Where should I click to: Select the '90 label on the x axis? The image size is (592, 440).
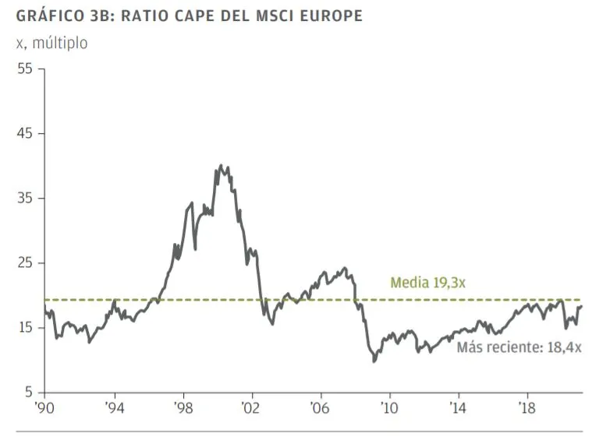[x=46, y=407]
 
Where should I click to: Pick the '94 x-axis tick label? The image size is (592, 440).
[x=115, y=407]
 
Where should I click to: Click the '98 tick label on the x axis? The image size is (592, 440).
[x=183, y=407]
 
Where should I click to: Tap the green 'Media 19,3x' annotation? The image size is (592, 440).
[x=427, y=283]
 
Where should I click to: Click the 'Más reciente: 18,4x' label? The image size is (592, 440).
[x=519, y=347]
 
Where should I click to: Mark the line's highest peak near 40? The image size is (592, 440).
[x=221, y=165]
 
